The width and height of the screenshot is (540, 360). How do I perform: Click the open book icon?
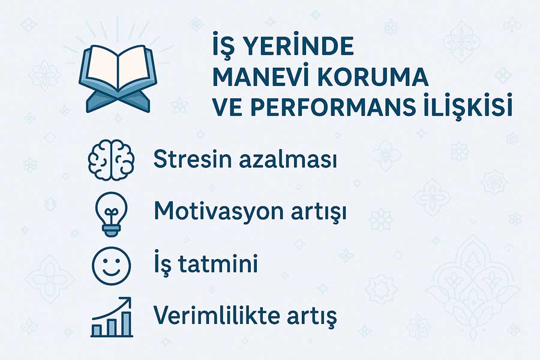pyautogui.click(x=118, y=78)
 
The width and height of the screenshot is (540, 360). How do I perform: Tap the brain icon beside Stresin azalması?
pyautogui.click(x=111, y=160)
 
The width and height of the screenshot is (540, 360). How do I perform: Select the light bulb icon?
pyautogui.click(x=111, y=214)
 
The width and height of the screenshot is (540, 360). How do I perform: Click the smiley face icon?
pyautogui.click(x=111, y=266)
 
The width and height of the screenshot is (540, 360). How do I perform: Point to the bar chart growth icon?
pyautogui.click(x=112, y=317)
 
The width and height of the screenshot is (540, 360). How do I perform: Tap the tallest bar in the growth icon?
pyautogui.click(x=127, y=323)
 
